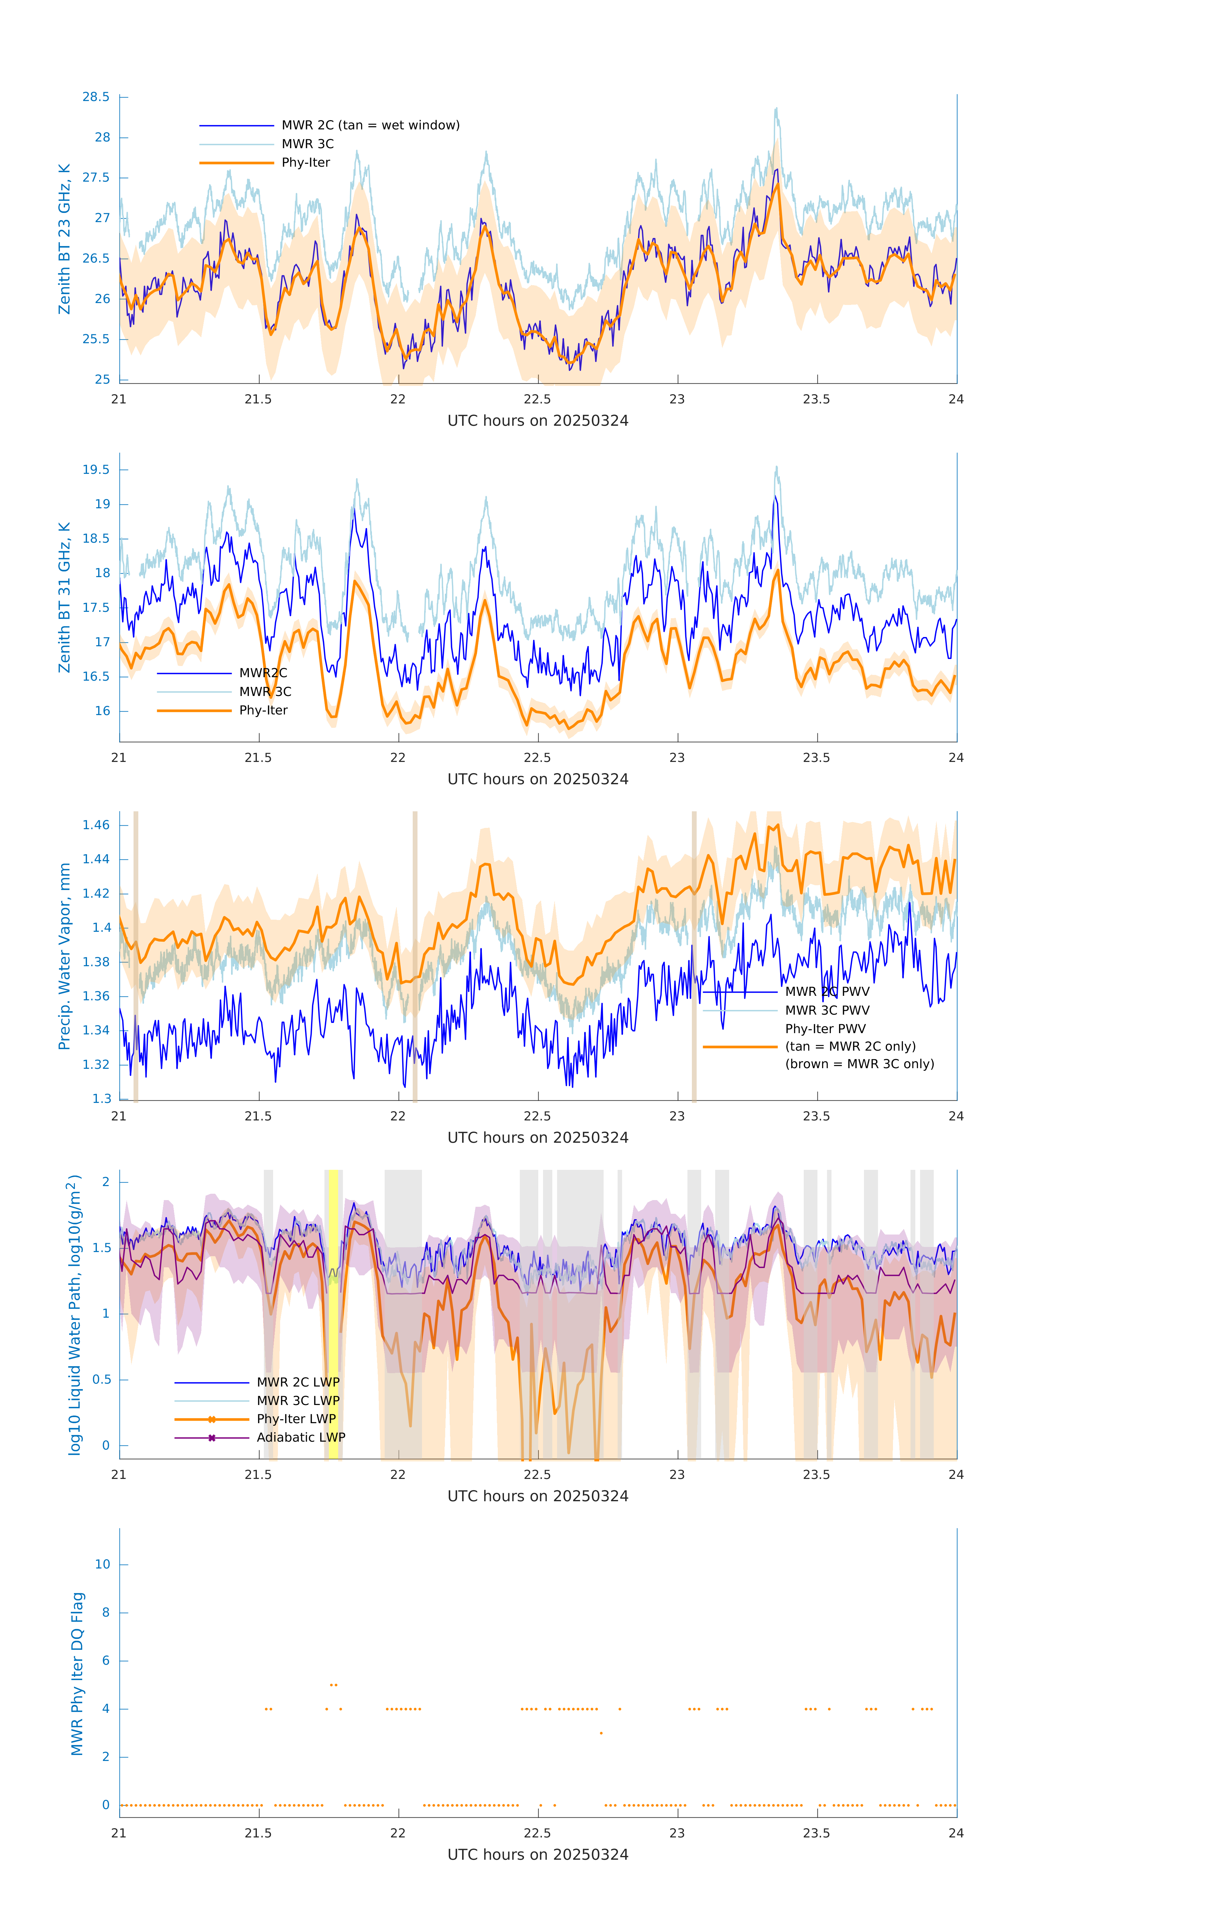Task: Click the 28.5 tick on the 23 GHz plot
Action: (x=96, y=97)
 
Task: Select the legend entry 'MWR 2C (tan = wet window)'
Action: (x=370, y=126)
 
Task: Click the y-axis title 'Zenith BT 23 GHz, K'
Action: (x=64, y=239)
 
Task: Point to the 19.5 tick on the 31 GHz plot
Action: (x=96, y=469)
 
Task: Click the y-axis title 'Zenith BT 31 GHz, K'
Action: (x=64, y=597)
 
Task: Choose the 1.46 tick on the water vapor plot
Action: (x=96, y=825)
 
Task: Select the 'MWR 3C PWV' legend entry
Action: (x=827, y=1010)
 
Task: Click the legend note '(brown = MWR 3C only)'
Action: (x=859, y=1064)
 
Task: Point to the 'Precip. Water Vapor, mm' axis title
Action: (x=64, y=956)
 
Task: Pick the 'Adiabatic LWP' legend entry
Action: (x=300, y=1437)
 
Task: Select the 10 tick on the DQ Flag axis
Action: (x=102, y=1564)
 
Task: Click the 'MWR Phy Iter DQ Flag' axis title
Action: (x=77, y=1674)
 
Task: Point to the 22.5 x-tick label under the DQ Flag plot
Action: (x=537, y=1833)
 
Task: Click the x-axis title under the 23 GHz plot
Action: (x=538, y=421)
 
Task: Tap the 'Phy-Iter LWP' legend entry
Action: (x=295, y=1419)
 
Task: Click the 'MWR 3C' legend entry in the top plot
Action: (x=307, y=144)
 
